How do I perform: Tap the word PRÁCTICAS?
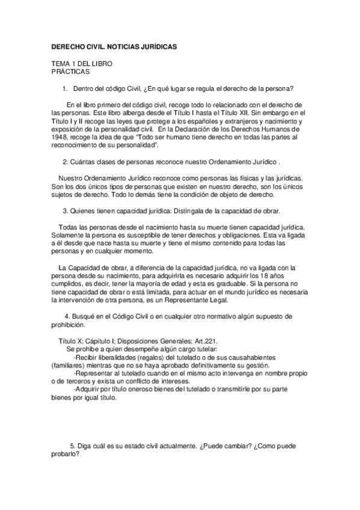70,71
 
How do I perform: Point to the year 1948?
59,138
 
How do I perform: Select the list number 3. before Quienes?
66,211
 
